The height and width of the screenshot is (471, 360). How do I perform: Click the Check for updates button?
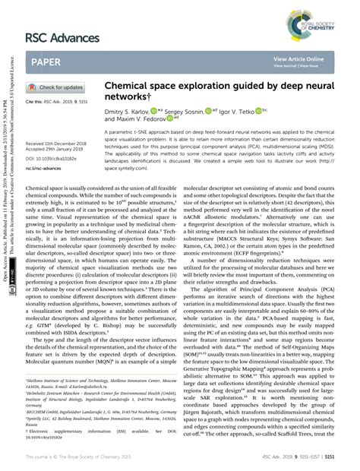click(56, 87)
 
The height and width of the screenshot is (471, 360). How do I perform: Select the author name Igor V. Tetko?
click(245, 111)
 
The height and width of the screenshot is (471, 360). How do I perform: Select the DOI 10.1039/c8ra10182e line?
click(55, 159)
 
